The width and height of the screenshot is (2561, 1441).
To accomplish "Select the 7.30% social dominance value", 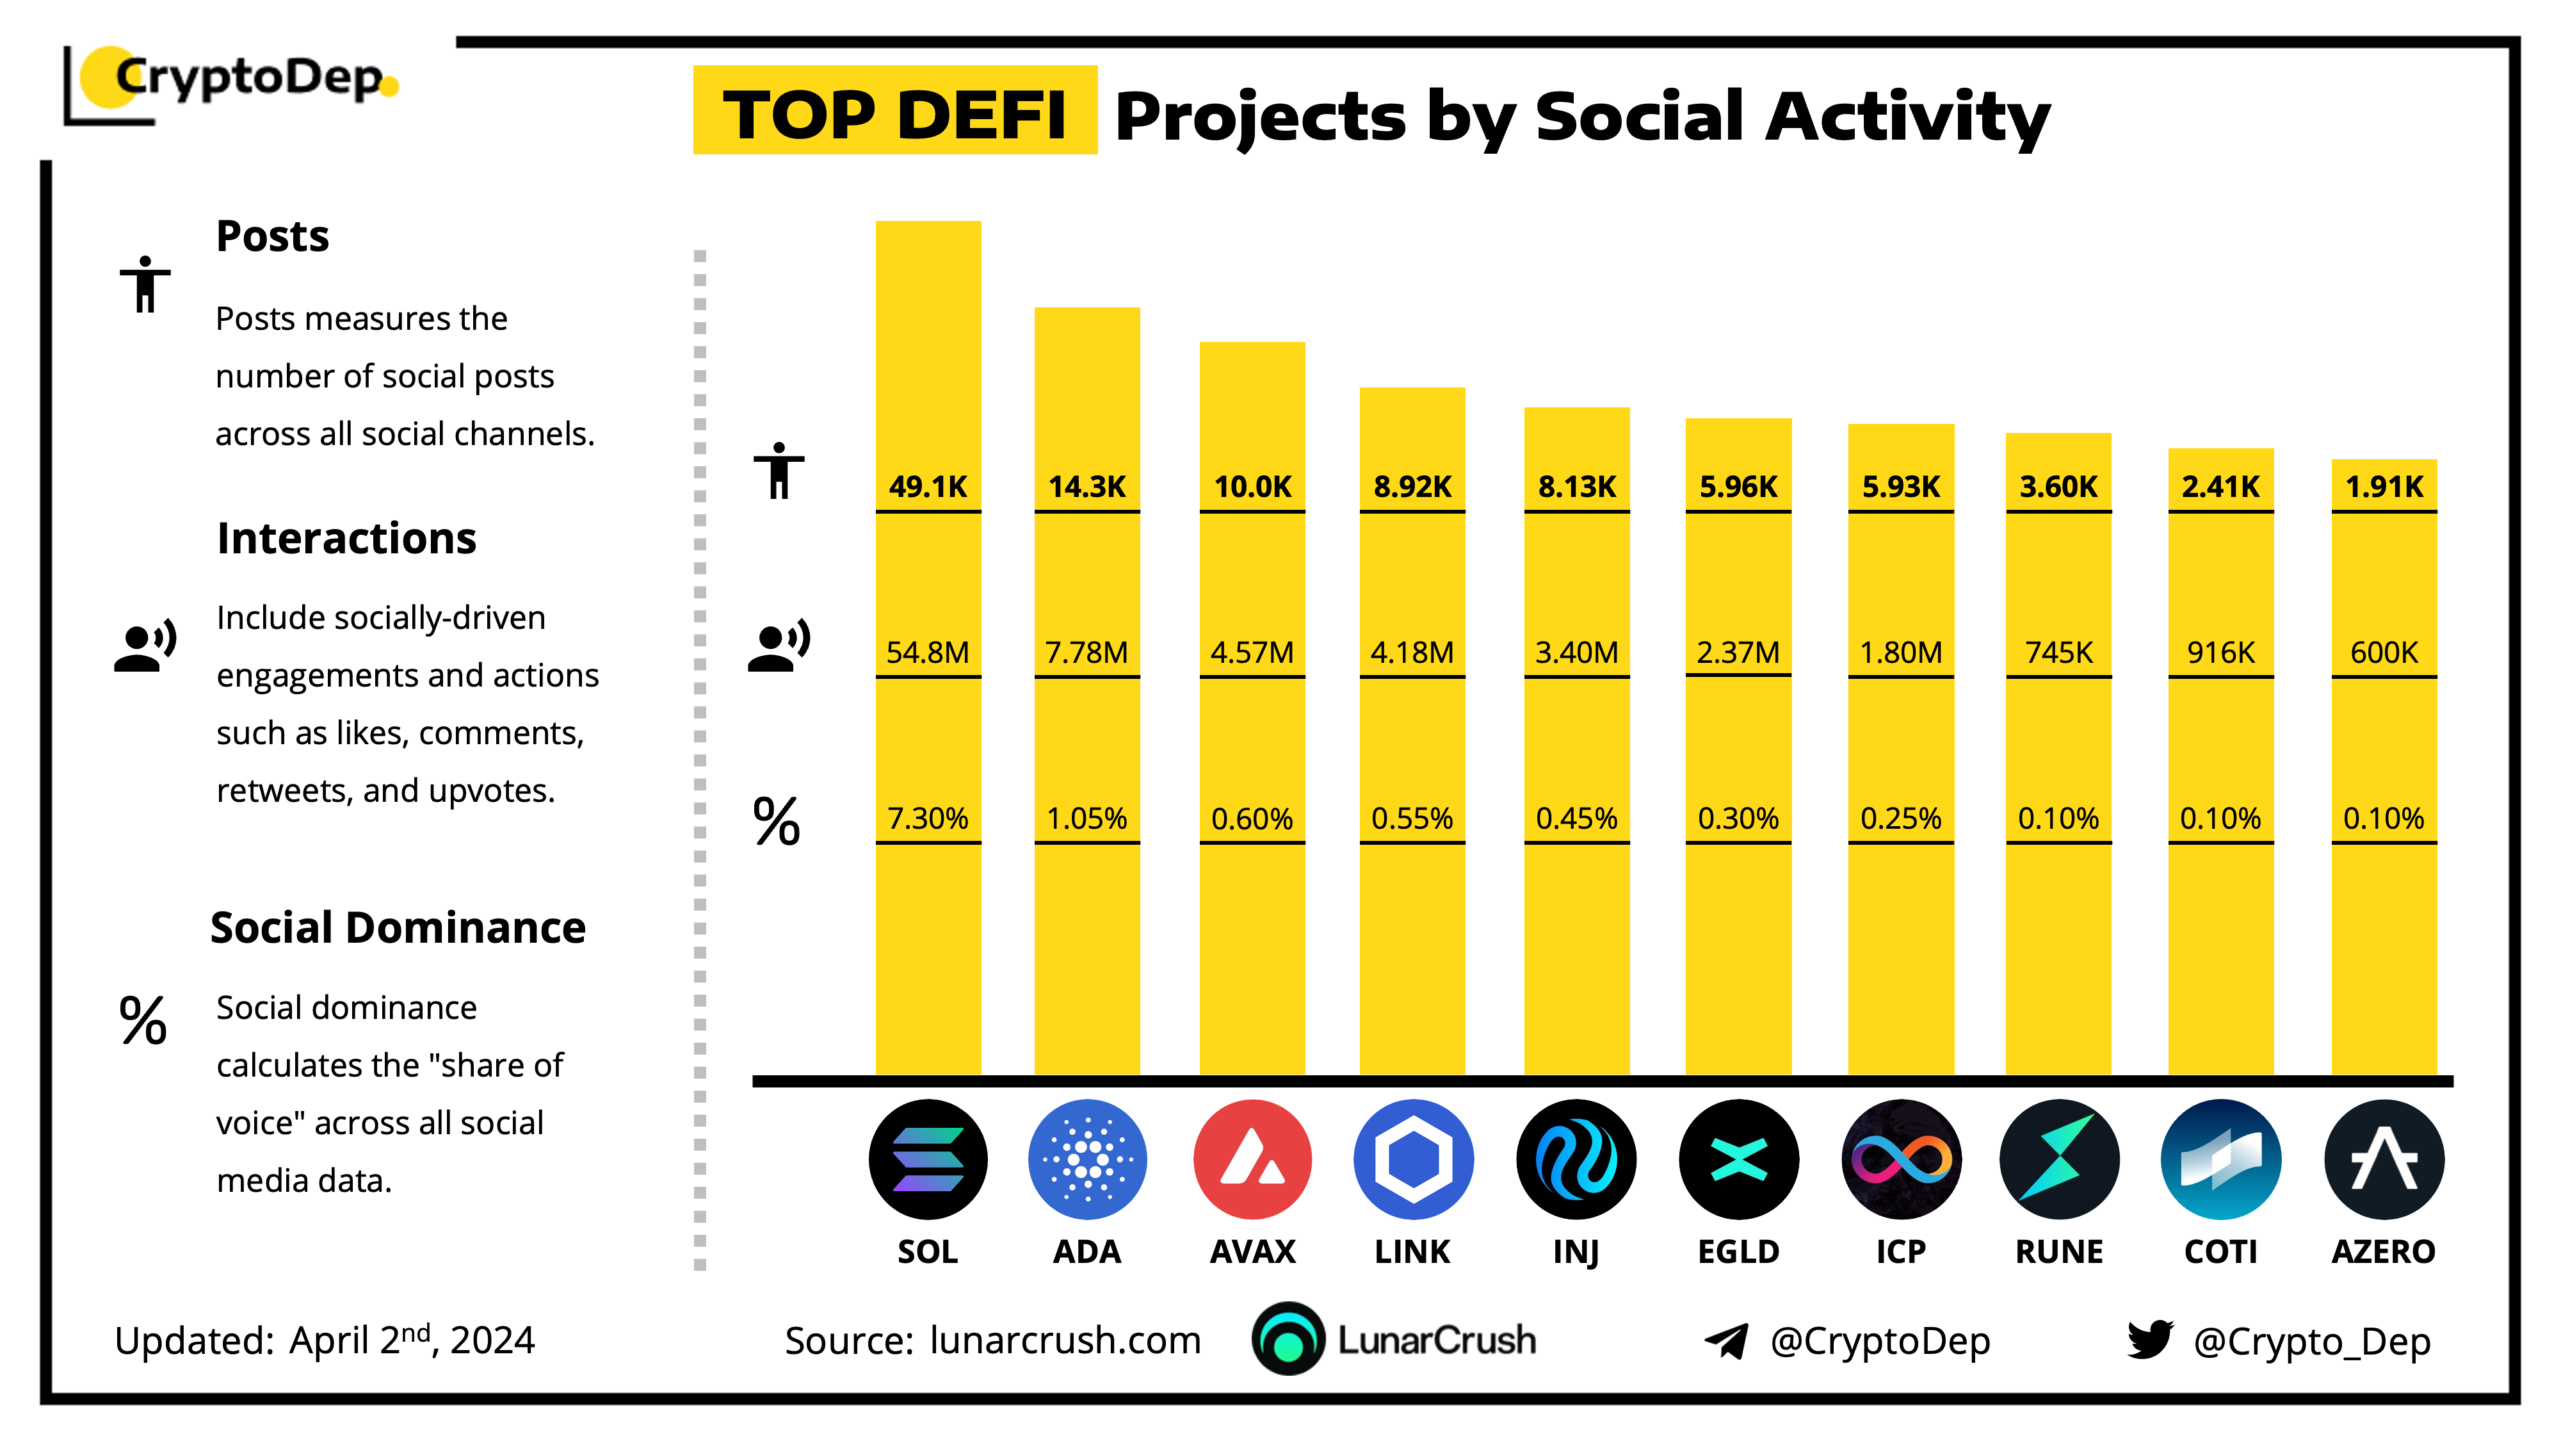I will [x=928, y=818].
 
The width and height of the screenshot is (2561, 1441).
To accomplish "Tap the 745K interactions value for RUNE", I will [x=2059, y=653].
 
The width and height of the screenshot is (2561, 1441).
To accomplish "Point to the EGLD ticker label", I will [x=1738, y=1251].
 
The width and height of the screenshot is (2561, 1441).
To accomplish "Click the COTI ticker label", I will [x=2221, y=1251].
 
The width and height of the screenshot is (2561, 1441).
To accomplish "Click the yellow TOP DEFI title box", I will [x=895, y=111].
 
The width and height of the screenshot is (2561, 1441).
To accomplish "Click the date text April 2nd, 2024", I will [x=412, y=1340].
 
